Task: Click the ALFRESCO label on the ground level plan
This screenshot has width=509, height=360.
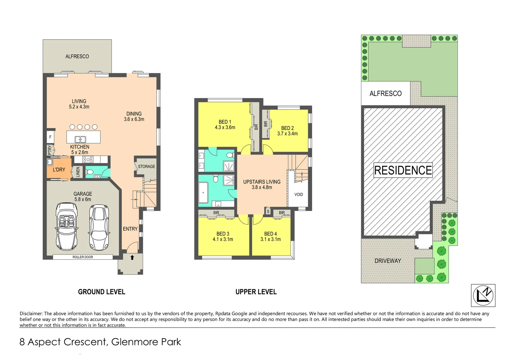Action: [77, 57]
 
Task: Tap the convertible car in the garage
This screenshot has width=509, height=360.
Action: [67, 227]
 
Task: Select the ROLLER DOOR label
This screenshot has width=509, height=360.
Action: [83, 257]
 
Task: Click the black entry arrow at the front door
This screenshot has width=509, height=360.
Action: [132, 257]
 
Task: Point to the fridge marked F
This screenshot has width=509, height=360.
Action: [50, 137]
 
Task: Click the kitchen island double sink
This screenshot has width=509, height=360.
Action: [80, 139]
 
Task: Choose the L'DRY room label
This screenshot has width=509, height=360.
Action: [59, 170]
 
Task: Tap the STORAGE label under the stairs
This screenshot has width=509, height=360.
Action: [147, 166]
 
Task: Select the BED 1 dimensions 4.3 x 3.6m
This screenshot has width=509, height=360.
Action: [225, 127]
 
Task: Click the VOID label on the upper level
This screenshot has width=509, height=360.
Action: [298, 195]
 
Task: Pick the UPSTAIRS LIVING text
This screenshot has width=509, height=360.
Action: [261, 182]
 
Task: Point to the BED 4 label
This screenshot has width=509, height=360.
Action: [270, 234]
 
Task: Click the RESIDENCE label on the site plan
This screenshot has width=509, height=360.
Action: [403, 170]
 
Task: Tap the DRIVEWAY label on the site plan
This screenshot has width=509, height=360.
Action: [388, 261]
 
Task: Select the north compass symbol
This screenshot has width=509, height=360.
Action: [483, 295]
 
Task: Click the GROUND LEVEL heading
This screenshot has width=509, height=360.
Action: [102, 292]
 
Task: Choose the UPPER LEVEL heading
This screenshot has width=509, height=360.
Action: [256, 292]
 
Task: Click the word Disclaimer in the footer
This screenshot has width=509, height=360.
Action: [31, 313]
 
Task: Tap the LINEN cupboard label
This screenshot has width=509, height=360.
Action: [78, 172]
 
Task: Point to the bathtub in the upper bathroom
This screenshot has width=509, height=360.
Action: [203, 193]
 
